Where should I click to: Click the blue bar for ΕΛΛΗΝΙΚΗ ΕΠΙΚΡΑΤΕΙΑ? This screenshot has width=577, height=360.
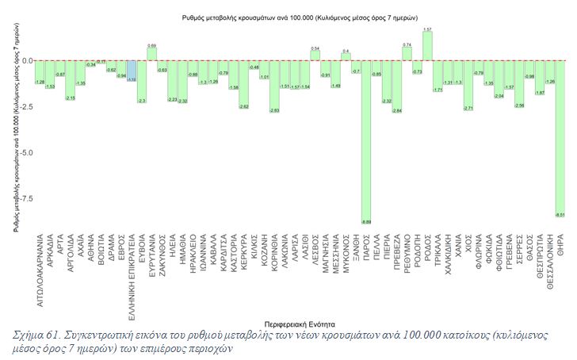[x=132, y=71]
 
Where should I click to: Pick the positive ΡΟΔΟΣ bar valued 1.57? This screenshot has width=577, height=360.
[x=427, y=47]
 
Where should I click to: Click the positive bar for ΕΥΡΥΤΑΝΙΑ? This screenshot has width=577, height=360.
[x=151, y=55]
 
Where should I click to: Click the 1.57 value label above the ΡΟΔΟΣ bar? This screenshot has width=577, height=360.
[x=427, y=30]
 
